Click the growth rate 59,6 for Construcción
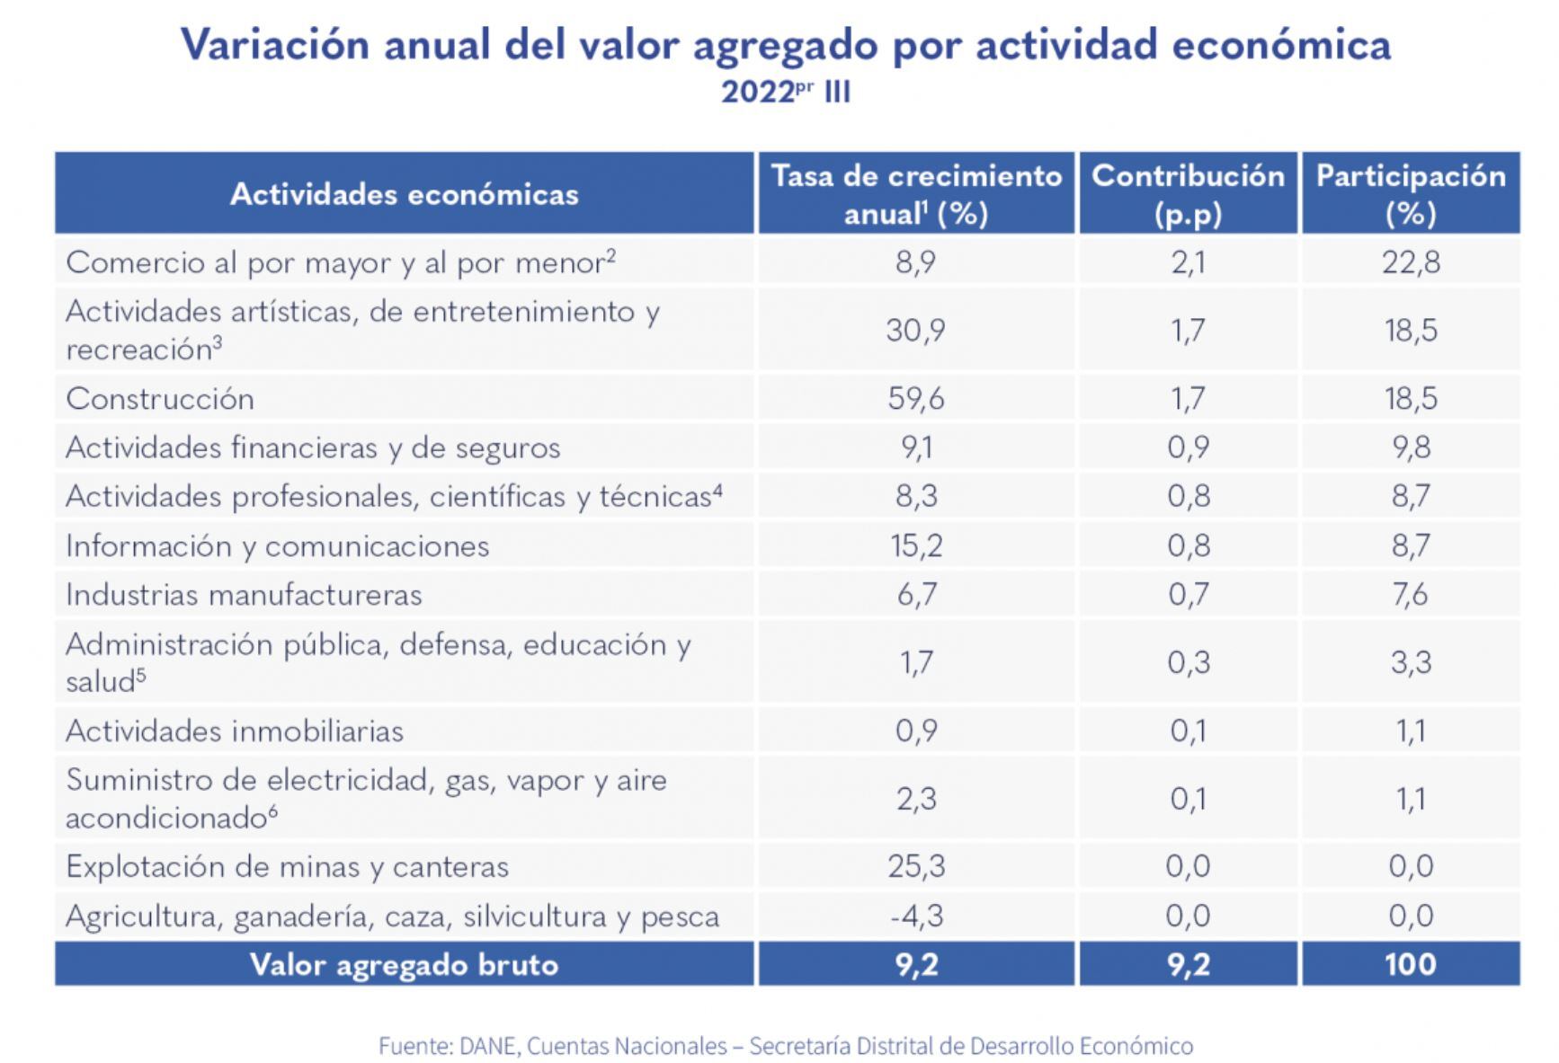(x=915, y=398)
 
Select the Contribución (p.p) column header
(x=1187, y=194)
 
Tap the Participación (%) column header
(x=1410, y=194)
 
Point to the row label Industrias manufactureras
(x=244, y=595)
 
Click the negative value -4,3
(x=915, y=916)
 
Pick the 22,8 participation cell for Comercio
(x=1410, y=262)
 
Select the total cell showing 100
(x=1410, y=964)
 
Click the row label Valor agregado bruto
(x=404, y=964)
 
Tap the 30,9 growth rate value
(x=915, y=330)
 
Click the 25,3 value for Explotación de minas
(x=915, y=866)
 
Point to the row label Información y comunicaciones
(x=277, y=545)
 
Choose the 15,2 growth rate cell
(x=915, y=545)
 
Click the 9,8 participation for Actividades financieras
(x=1410, y=447)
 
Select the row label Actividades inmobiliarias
(x=235, y=731)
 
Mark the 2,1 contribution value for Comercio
(x=1187, y=262)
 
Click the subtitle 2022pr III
(x=785, y=92)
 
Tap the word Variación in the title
(x=274, y=44)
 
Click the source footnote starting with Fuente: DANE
(x=785, y=1046)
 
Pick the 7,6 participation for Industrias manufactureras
(x=1410, y=595)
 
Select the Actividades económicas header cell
(x=404, y=194)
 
